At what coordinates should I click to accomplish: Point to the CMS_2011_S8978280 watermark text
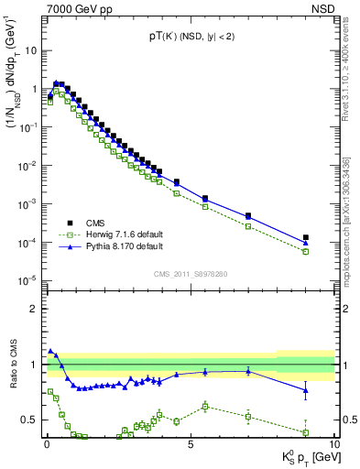(190, 272)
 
